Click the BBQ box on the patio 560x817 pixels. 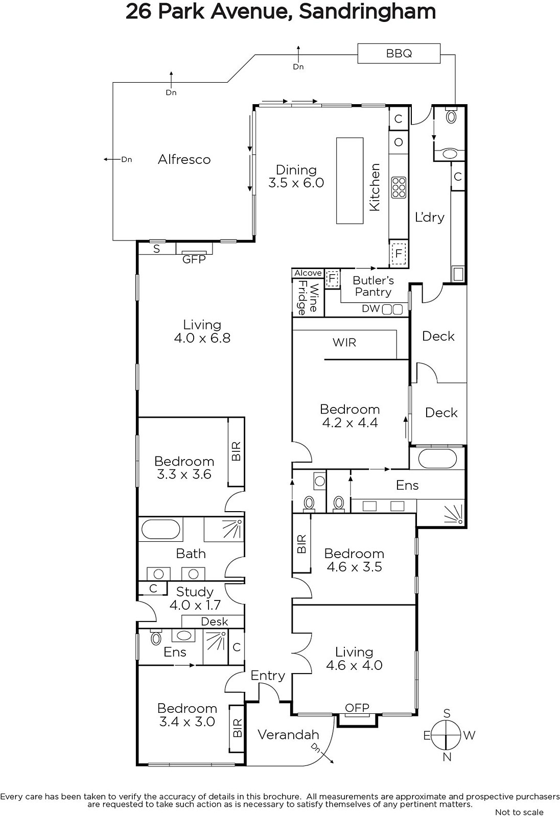click(399, 54)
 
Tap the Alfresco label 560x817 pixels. click(184, 159)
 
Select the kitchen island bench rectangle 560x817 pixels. click(349, 181)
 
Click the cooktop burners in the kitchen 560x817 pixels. click(399, 187)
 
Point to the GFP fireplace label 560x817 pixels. click(194, 259)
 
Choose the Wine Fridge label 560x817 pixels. click(308, 298)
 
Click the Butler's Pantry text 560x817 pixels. click(373, 286)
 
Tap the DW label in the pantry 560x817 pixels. click(371, 308)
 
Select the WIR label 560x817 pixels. click(344, 343)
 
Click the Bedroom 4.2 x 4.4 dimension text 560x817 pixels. click(349, 423)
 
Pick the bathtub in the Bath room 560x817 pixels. click(160, 530)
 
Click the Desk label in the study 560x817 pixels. click(214, 621)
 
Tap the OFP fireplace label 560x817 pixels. click(357, 708)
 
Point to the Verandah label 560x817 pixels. click(288, 735)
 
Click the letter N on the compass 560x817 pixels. click(447, 757)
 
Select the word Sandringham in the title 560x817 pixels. click(367, 12)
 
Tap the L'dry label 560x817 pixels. click(430, 218)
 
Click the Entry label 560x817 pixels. click(268, 676)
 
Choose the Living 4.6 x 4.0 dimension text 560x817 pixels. click(354, 665)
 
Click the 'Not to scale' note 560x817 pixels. click(520, 812)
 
